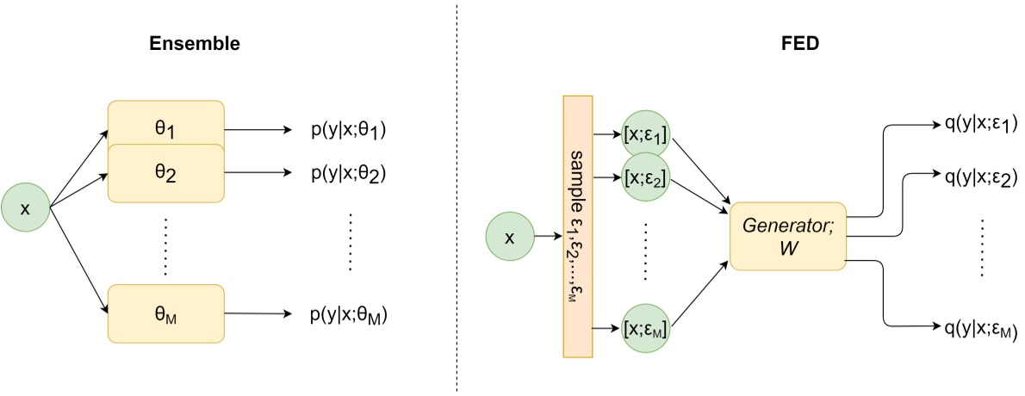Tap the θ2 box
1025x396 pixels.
click(x=165, y=173)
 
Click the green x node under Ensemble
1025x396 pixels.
click(x=25, y=206)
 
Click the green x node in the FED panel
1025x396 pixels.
click(x=509, y=237)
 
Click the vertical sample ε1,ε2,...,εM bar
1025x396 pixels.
click(x=574, y=225)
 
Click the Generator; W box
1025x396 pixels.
click(x=788, y=236)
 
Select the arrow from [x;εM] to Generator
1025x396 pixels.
click(x=702, y=294)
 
